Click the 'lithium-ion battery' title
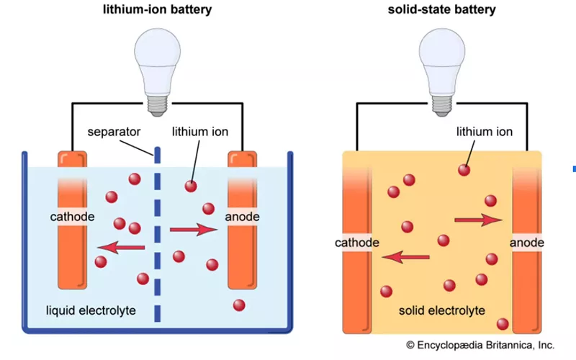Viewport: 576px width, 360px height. [x=153, y=10]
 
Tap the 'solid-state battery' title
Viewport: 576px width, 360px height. [x=441, y=10]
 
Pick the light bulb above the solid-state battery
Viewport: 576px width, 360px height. [x=440, y=66]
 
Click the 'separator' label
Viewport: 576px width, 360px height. [x=112, y=132]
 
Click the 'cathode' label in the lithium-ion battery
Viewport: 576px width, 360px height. [x=73, y=216]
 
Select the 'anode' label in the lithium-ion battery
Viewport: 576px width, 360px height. [x=243, y=216]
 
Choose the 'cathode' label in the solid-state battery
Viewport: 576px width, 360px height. [x=357, y=243]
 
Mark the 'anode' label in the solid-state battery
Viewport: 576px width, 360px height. [x=527, y=243]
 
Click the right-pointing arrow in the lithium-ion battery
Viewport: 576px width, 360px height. [x=193, y=230]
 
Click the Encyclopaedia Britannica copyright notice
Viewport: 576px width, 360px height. [x=480, y=345]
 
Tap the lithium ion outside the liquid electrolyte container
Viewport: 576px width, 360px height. [x=238, y=305]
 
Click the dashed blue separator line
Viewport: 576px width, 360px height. [x=156, y=238]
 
